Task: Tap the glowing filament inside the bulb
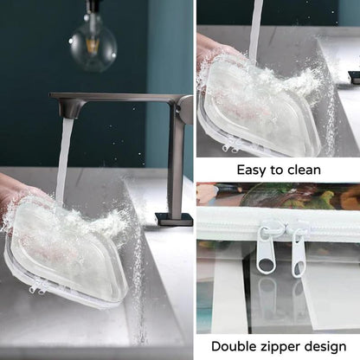pos(93,46)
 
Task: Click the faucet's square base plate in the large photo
pos(174,219)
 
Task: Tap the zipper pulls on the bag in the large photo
pos(37,289)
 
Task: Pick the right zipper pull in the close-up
pos(298,254)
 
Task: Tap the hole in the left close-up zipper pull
pos(263,263)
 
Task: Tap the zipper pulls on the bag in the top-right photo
pos(230,148)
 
